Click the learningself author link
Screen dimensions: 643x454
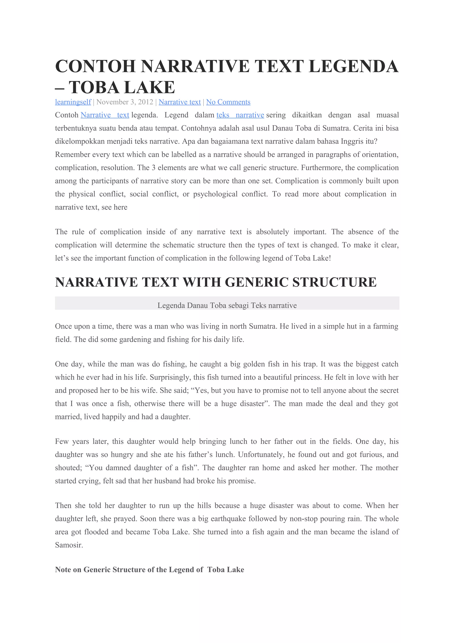[73, 102]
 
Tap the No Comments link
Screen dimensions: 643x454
[228, 102]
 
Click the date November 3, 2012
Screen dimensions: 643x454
[125, 102]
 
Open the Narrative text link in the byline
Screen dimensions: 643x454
[180, 102]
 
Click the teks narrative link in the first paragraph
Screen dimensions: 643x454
[240, 115]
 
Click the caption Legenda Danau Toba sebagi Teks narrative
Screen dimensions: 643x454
[227, 305]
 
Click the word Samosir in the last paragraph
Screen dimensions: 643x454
[69, 545]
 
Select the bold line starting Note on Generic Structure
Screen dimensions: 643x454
[149, 570]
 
